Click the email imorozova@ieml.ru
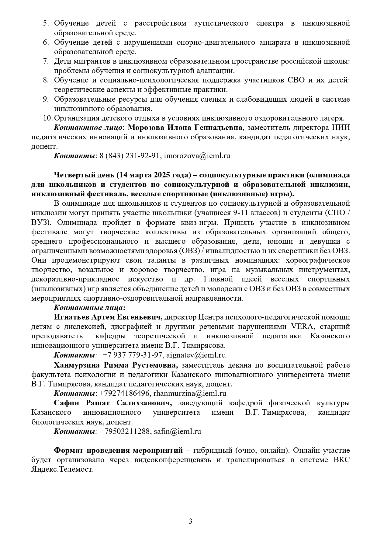coord(197,156)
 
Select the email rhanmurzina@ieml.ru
coord(190,393)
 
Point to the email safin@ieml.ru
coord(177,431)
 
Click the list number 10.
coord(47,118)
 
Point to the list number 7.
coord(46,61)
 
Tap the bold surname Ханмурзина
coord(77,365)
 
